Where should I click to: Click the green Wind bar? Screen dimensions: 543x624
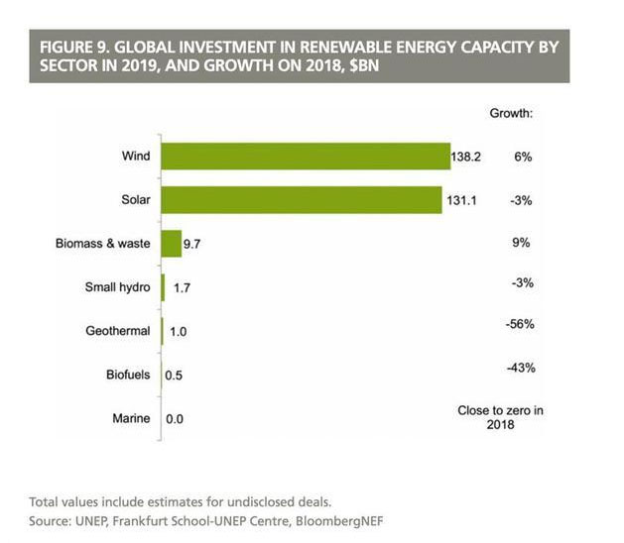point(306,157)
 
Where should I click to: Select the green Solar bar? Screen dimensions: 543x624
point(301,200)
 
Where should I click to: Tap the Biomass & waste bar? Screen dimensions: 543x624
point(170,244)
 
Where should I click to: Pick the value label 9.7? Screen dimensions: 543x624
point(192,244)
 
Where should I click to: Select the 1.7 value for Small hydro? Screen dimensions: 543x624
point(181,288)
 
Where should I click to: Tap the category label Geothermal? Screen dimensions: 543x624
point(118,332)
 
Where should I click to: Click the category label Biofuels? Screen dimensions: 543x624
point(128,376)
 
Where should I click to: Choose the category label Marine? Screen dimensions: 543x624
point(131,419)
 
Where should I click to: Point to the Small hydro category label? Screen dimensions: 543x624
point(119,288)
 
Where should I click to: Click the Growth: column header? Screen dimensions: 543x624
point(512,113)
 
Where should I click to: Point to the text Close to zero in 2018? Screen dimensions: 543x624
point(500,416)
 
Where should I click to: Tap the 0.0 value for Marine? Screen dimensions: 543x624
point(176,419)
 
